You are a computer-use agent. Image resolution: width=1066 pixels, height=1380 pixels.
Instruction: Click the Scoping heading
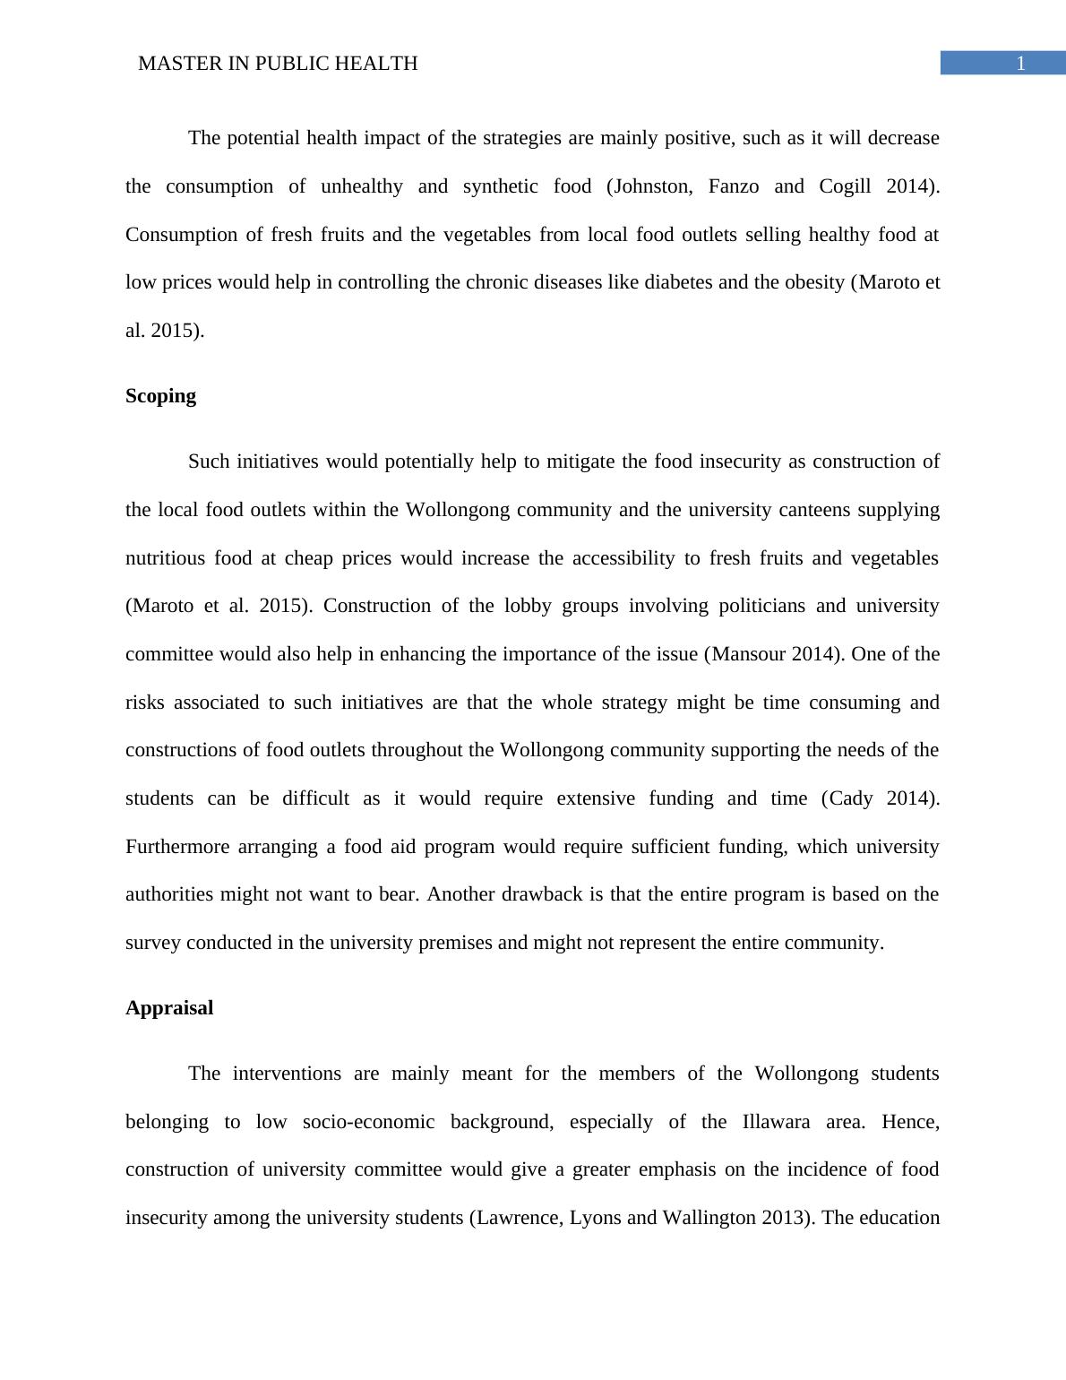(160, 396)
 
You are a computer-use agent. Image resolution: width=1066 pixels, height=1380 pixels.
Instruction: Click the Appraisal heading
(169, 1008)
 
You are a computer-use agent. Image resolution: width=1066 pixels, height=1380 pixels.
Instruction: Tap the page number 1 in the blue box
(1019, 64)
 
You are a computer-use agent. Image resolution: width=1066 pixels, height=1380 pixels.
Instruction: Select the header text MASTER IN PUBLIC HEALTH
(278, 64)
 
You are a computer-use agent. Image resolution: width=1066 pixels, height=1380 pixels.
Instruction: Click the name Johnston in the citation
(652, 186)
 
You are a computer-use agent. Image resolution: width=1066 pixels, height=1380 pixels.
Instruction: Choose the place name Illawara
(776, 1122)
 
